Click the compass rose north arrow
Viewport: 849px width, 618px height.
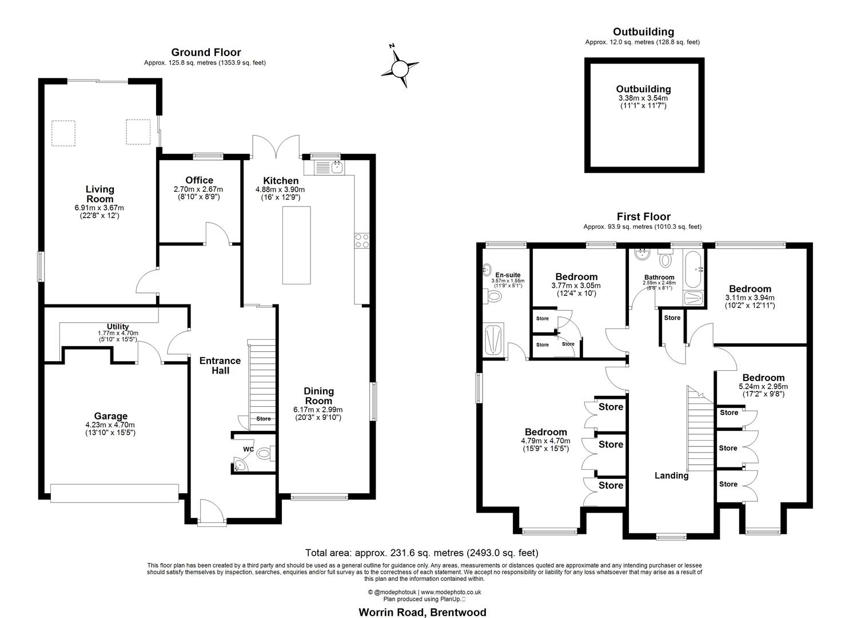(x=400, y=68)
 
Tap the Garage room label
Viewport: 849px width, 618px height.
(x=111, y=416)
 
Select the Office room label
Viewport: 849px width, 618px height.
(x=199, y=180)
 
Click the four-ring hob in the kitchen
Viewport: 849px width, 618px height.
(x=362, y=241)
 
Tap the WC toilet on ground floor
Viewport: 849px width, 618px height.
(x=264, y=454)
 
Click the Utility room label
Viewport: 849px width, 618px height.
(x=118, y=327)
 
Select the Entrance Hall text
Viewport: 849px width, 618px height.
(x=220, y=366)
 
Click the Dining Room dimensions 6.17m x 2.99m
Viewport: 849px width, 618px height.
(x=318, y=410)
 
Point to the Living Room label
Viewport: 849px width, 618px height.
(x=100, y=194)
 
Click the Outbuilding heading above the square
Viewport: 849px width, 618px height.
(x=643, y=32)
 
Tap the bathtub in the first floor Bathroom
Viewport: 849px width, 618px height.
(x=692, y=268)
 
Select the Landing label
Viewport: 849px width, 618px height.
(x=671, y=476)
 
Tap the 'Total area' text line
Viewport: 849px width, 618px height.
(x=421, y=553)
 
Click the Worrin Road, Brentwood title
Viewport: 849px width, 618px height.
(x=422, y=612)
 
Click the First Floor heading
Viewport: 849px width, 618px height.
(x=643, y=216)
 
